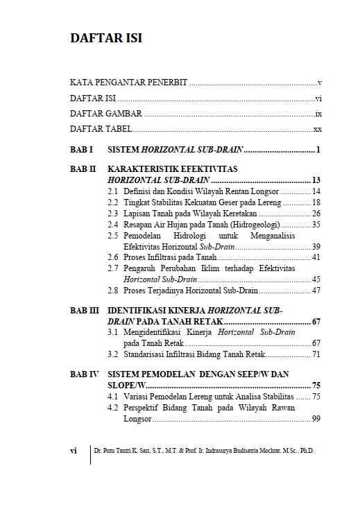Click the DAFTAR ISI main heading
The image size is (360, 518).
[x=106, y=38]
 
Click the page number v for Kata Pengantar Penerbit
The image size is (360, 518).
[x=319, y=83]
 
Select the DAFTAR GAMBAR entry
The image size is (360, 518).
[x=106, y=114]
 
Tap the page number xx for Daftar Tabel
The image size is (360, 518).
[x=318, y=130]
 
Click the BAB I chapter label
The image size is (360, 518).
[x=82, y=150]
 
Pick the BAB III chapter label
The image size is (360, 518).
[x=85, y=311]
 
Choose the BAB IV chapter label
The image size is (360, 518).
[x=85, y=374]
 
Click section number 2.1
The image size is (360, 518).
[x=112, y=191]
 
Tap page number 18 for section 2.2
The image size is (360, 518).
[x=316, y=202]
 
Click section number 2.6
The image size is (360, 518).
[x=112, y=257]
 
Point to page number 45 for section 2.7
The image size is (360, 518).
[x=316, y=279]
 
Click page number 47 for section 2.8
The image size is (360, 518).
[x=316, y=291]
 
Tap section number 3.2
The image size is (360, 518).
[x=112, y=354]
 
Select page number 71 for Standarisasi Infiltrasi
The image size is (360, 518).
[x=316, y=354]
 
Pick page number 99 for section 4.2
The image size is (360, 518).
[x=316, y=419]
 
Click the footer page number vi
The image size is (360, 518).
[x=74, y=451]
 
